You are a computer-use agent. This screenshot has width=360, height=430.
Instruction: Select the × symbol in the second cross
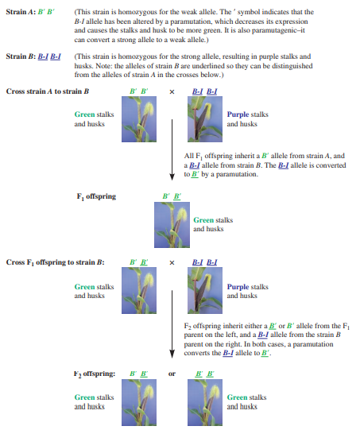171,262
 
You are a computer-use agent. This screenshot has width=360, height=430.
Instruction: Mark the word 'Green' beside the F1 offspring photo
203,220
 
